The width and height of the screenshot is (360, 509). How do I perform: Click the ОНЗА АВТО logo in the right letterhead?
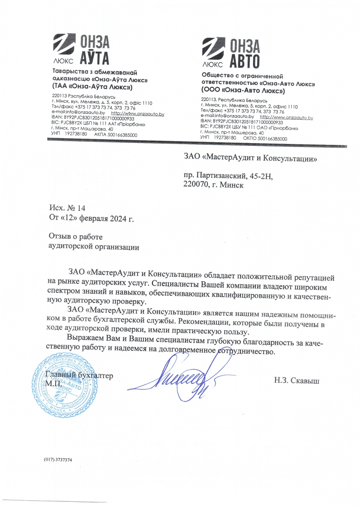tap(231, 53)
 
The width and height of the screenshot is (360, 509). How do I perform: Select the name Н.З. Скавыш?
tap(296, 381)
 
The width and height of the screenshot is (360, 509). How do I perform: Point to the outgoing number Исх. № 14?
tap(67, 208)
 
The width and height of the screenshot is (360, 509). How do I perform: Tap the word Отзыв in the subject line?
tap(60, 237)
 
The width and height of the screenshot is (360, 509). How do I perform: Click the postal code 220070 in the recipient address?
tap(196, 184)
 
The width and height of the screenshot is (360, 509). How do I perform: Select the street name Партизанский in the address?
tap(221, 176)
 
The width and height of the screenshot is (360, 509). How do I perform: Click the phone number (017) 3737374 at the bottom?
tap(58, 460)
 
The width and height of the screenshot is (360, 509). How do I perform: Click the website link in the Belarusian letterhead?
tap(137, 114)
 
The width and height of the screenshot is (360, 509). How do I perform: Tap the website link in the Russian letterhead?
tap(286, 117)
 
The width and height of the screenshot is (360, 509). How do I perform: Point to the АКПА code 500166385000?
tap(122, 135)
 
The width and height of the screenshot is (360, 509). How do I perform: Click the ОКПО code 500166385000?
tap(272, 139)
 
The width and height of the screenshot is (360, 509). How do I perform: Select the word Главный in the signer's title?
tap(61, 375)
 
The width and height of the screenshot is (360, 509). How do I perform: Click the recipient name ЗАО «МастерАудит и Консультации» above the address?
tap(250, 158)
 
